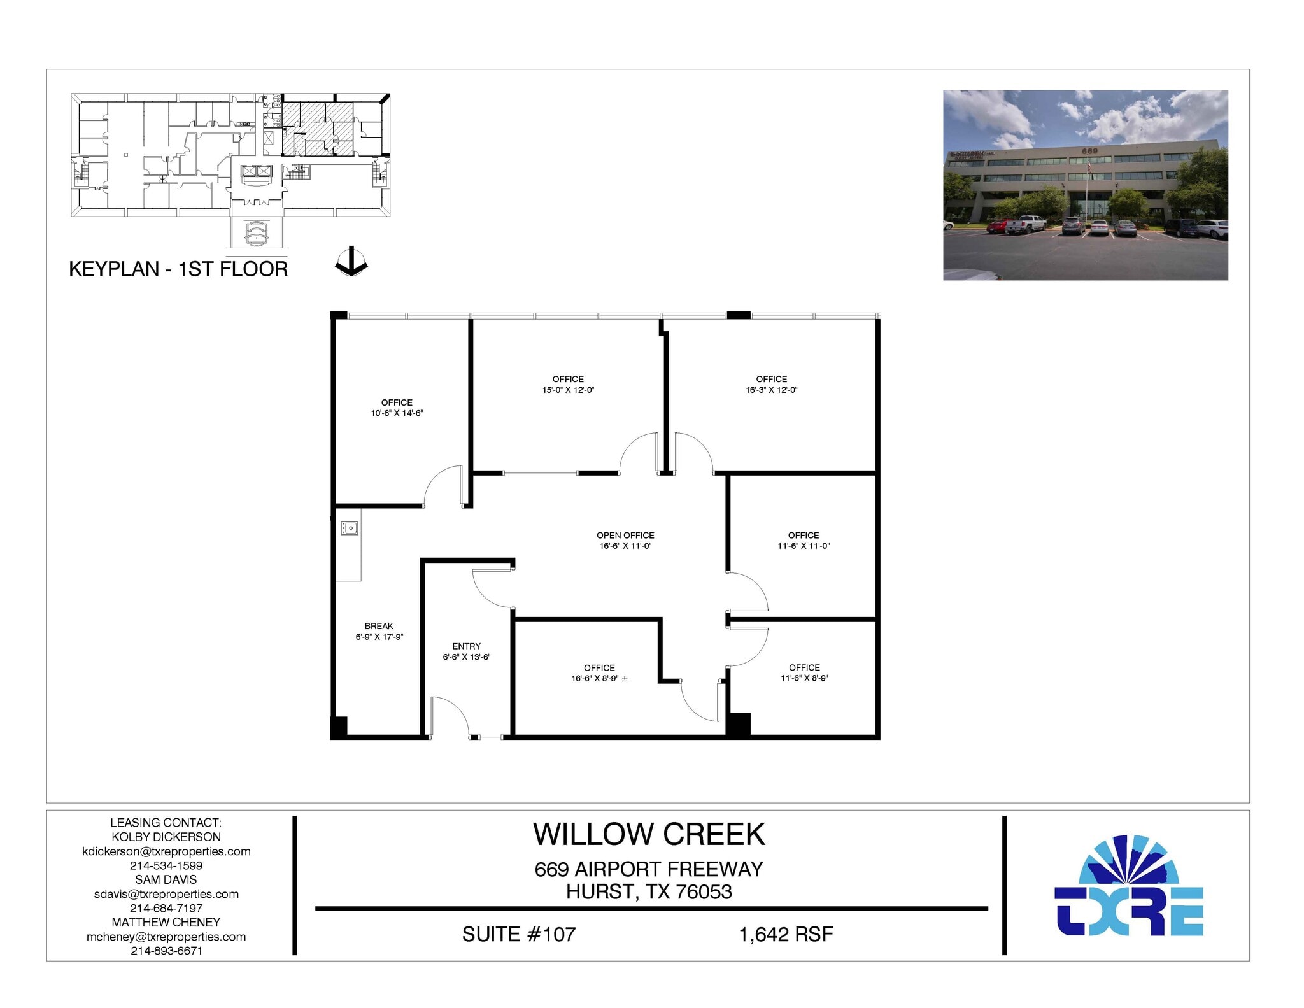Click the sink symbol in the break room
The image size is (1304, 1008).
[x=350, y=528]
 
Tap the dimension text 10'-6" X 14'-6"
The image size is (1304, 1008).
[x=397, y=413]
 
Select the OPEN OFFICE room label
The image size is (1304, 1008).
[x=625, y=536]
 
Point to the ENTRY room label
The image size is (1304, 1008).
[x=466, y=646]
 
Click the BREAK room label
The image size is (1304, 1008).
[x=379, y=626]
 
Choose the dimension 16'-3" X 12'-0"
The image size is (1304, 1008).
[x=771, y=390]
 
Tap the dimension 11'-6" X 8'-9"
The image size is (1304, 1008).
[x=804, y=678]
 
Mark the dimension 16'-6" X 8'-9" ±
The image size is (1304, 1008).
[x=599, y=679]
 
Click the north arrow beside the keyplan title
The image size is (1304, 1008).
[x=351, y=262]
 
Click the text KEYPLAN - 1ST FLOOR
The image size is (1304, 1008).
[x=178, y=269]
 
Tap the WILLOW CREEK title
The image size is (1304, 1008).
[x=649, y=835]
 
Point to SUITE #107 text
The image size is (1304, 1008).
[x=518, y=934]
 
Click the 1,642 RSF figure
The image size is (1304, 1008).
[x=786, y=934]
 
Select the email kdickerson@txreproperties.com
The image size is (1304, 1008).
[x=166, y=851]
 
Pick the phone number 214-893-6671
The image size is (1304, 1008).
[x=166, y=951]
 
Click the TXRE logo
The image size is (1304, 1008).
[x=1128, y=886]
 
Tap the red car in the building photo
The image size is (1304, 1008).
[x=997, y=226]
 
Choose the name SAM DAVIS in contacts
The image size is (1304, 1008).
[x=166, y=879]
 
